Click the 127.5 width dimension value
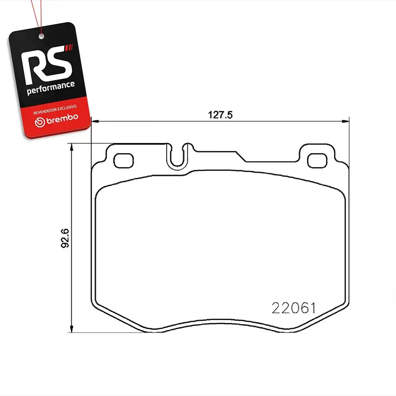click(x=220, y=115)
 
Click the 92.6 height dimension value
click(x=65, y=238)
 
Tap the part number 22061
click(x=293, y=308)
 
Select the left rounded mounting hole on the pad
click(x=124, y=161)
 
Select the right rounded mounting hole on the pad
click(x=317, y=161)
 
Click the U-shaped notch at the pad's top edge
click(x=177, y=166)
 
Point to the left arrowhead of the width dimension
click(x=95, y=122)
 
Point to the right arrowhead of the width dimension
click(x=345, y=122)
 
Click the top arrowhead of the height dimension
click(x=71, y=147)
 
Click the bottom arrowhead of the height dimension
click(x=71, y=329)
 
